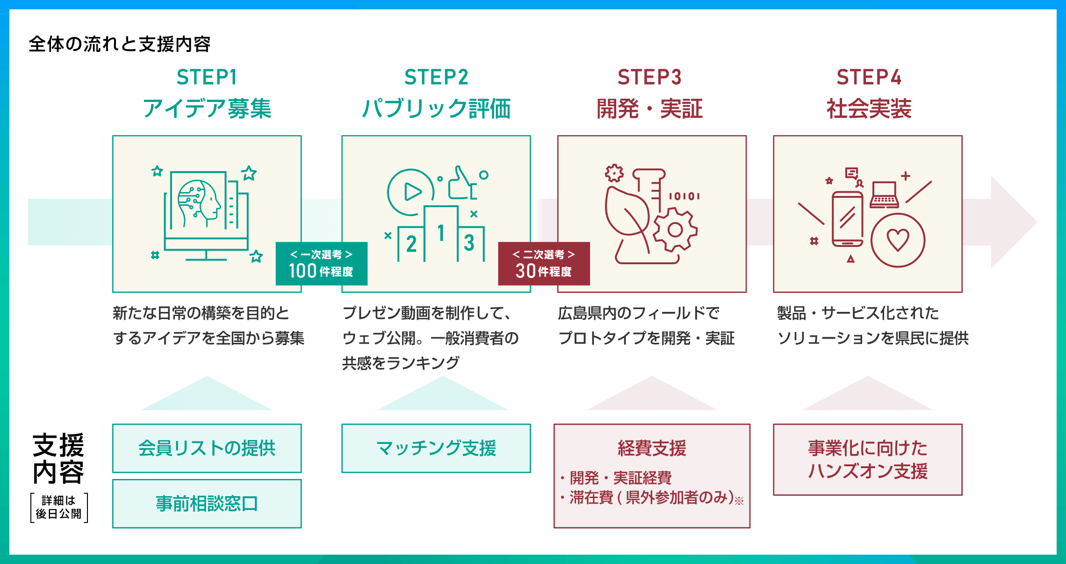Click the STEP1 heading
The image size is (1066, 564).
[x=207, y=77]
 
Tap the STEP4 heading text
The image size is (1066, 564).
[x=869, y=77]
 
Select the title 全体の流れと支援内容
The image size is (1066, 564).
[x=120, y=44]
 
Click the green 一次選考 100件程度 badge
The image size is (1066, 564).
[x=322, y=264]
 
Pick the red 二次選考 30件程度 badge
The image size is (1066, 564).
[x=544, y=264]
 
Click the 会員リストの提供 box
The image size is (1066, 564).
[x=207, y=448]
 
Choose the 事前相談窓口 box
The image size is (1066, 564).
[x=207, y=504]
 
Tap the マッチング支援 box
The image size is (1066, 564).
[x=436, y=448]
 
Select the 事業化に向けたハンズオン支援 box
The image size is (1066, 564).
[x=868, y=459]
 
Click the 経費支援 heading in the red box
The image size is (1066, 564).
[x=652, y=448]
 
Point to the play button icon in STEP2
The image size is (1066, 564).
[x=411, y=192]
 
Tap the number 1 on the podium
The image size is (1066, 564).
[x=441, y=233]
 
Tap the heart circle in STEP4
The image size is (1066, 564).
[x=898, y=240]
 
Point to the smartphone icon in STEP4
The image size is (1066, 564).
[x=848, y=219]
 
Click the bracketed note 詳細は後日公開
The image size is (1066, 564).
[x=59, y=507]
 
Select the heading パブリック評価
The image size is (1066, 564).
[x=436, y=108]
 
